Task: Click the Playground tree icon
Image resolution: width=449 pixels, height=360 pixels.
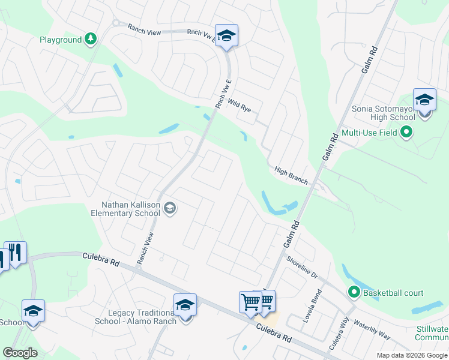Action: [x=90, y=40]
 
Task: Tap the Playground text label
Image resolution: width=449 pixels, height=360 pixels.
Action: [x=61, y=40]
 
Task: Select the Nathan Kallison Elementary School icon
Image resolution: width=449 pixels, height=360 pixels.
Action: [x=169, y=208]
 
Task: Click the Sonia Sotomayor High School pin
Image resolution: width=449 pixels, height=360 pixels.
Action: [x=424, y=100]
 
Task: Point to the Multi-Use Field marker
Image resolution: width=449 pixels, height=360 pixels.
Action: [x=407, y=132]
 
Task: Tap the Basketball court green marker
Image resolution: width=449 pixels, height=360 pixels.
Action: [x=354, y=293]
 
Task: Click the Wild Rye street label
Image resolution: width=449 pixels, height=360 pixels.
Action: [x=239, y=106]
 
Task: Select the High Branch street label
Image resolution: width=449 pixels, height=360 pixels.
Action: [x=291, y=175]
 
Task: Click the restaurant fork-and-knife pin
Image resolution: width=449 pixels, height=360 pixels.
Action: [x=15, y=253]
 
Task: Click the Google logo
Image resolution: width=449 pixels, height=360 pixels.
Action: [x=20, y=353]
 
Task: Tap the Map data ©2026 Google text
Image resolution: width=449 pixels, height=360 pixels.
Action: [x=411, y=355]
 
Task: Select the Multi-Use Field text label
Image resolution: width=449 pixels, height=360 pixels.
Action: [x=370, y=133]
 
